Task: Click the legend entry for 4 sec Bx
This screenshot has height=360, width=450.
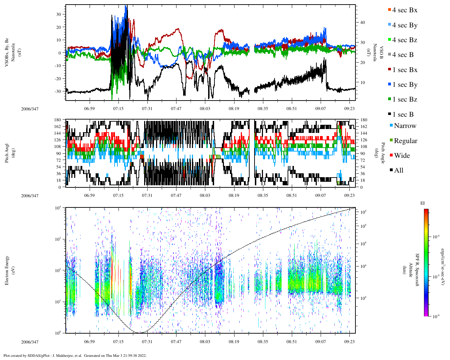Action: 405,10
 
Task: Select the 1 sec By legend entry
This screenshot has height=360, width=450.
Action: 405,85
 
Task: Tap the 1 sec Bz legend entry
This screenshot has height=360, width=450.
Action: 405,99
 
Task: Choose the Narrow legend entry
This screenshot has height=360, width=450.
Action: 405,126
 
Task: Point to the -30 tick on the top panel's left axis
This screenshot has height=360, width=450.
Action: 59,91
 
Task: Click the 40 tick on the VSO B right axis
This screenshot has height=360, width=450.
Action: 362,22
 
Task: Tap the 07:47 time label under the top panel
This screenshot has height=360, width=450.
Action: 176,109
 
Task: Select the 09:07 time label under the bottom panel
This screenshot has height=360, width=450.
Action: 321,342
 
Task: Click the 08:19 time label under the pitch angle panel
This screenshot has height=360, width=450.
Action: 234,196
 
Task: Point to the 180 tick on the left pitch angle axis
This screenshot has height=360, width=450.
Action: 58,120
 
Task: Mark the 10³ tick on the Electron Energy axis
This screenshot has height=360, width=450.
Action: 58,239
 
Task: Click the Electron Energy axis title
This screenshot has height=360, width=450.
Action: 7,270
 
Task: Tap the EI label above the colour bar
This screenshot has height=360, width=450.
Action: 423,203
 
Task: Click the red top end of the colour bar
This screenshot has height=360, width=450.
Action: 426,210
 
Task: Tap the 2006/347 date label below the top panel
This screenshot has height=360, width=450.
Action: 30,109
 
